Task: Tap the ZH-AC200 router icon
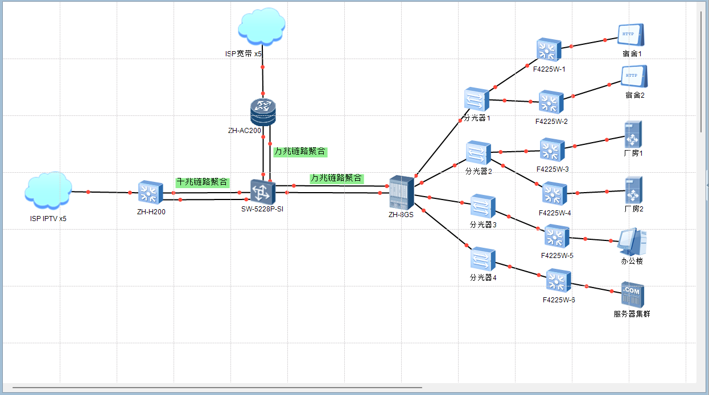262,112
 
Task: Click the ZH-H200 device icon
151,193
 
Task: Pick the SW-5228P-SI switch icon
262,192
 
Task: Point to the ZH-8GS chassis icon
401,192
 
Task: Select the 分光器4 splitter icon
483,259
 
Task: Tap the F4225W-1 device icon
549,50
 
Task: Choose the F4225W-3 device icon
552,150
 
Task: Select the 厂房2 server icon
633,190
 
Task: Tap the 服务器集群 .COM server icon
632,294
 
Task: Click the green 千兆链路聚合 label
203,182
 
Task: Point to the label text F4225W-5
557,255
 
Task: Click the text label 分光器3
483,224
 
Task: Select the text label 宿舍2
634,95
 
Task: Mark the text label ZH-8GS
401,214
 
